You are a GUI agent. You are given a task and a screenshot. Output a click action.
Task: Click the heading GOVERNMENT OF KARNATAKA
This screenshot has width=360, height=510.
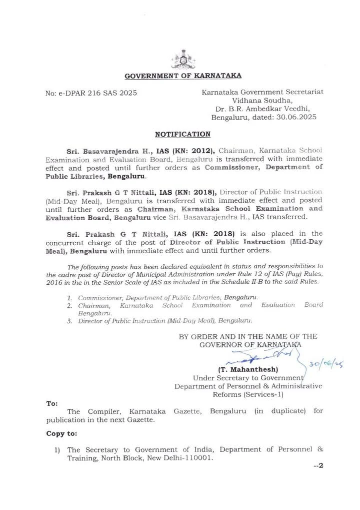[x=182, y=76]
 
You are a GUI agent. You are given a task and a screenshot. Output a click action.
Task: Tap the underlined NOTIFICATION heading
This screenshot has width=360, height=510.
[x=182, y=134]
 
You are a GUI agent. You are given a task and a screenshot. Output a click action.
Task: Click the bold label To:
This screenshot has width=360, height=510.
[x=52, y=402]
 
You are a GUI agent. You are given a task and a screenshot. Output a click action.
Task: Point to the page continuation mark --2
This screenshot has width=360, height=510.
[x=319, y=466]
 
